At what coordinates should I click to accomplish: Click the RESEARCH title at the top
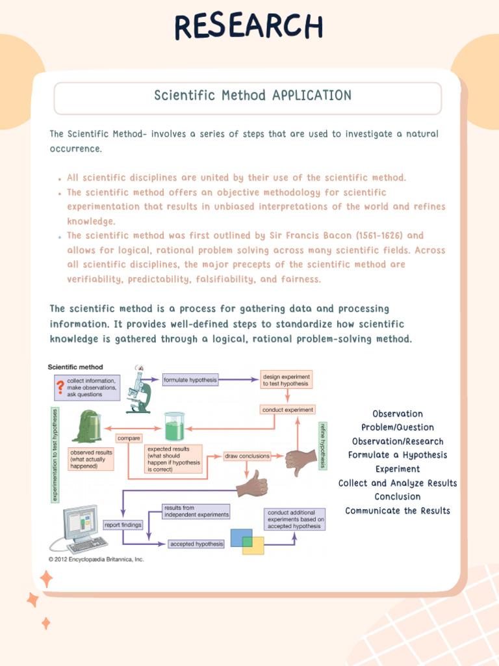pyautogui.click(x=249, y=27)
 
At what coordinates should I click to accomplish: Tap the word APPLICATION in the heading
pyautogui.click(x=312, y=96)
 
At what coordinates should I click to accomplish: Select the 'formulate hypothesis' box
pyautogui.click(x=190, y=379)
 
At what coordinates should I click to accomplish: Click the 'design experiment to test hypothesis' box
pyautogui.click(x=286, y=380)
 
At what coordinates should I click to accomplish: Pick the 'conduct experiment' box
pyautogui.click(x=287, y=410)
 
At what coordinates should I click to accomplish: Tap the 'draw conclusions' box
pyautogui.click(x=247, y=456)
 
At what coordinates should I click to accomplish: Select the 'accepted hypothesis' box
pyautogui.click(x=196, y=544)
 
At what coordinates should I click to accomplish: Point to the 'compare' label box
pyautogui.click(x=129, y=438)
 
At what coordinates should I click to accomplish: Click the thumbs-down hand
pyautogui.click(x=301, y=460)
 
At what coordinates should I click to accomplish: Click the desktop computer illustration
pyautogui.click(x=83, y=528)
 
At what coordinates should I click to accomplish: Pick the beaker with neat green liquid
pyautogui.click(x=174, y=428)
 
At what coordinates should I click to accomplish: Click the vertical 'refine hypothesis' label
pyautogui.click(x=322, y=446)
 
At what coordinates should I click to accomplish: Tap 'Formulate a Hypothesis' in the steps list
pyautogui.click(x=398, y=455)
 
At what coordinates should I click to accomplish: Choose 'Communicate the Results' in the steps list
pyautogui.click(x=398, y=511)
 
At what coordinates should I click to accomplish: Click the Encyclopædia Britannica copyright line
pyautogui.click(x=96, y=559)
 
